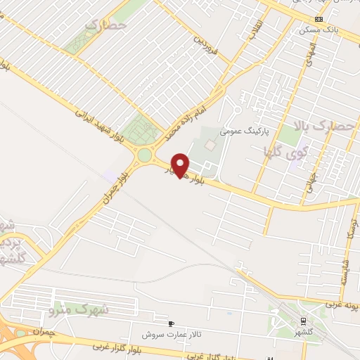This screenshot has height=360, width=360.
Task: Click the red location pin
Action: tap(181, 164)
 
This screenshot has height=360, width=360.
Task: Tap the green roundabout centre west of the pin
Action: tap(145, 155)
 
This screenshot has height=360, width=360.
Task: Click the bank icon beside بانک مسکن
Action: tap(319, 18)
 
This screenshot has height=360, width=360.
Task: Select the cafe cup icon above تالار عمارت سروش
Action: tap(171, 323)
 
